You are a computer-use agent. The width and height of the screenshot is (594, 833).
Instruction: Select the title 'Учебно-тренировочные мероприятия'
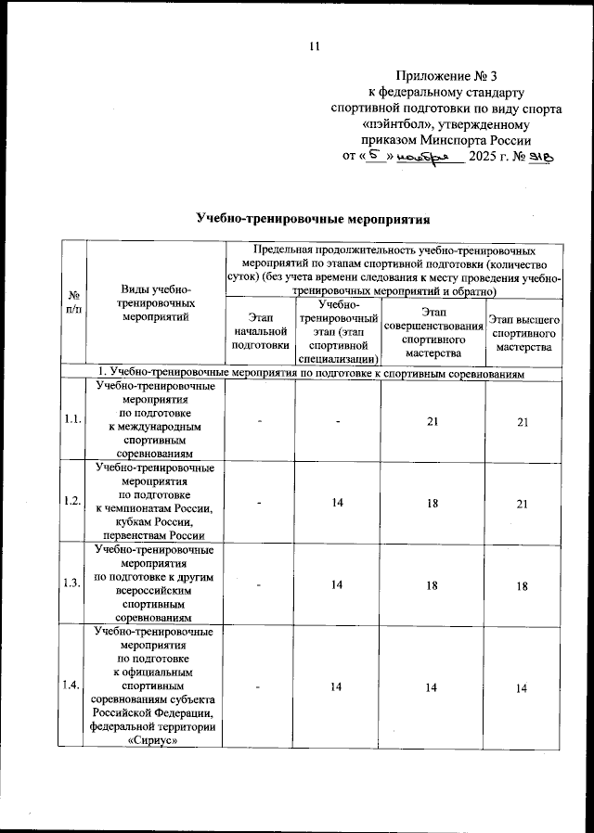click(315, 220)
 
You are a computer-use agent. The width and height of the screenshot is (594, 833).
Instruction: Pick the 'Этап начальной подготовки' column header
click(261, 331)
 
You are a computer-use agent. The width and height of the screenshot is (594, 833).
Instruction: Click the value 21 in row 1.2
click(523, 502)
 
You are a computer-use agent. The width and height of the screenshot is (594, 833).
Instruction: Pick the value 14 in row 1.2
click(338, 502)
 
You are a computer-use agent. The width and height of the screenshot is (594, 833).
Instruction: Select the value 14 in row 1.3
click(338, 583)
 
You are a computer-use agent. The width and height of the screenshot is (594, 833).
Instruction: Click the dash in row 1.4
click(261, 686)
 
